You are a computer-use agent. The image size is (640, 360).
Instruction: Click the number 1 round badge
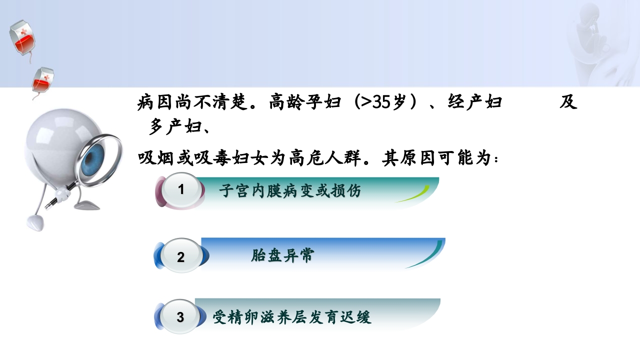181,189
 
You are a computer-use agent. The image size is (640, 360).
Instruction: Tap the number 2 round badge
181,257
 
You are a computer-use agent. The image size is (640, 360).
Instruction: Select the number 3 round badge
180,317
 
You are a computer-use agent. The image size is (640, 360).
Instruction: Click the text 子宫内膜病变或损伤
289,191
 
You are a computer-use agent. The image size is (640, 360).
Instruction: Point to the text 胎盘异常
282,256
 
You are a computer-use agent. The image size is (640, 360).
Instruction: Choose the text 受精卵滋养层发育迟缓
292,317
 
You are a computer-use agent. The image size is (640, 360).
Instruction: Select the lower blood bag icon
43,80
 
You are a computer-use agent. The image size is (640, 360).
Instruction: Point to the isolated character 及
568,102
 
